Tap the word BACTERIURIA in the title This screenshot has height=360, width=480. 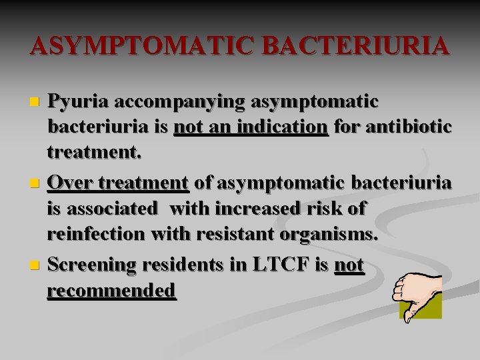pos(356,47)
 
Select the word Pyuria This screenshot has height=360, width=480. pos(79,102)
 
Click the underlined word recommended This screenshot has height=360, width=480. pos(111,291)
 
